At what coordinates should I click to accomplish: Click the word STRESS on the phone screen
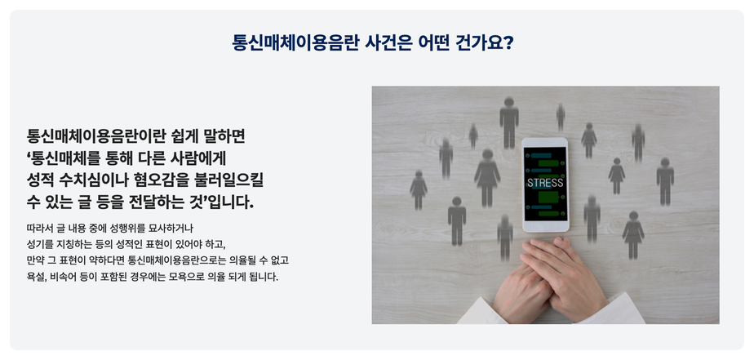[x=545, y=183]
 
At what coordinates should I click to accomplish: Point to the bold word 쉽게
[x=184, y=136]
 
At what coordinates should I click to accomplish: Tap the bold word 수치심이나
[x=92, y=180]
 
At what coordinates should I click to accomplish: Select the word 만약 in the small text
[x=36, y=260]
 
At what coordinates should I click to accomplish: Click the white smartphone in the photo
[x=545, y=185]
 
